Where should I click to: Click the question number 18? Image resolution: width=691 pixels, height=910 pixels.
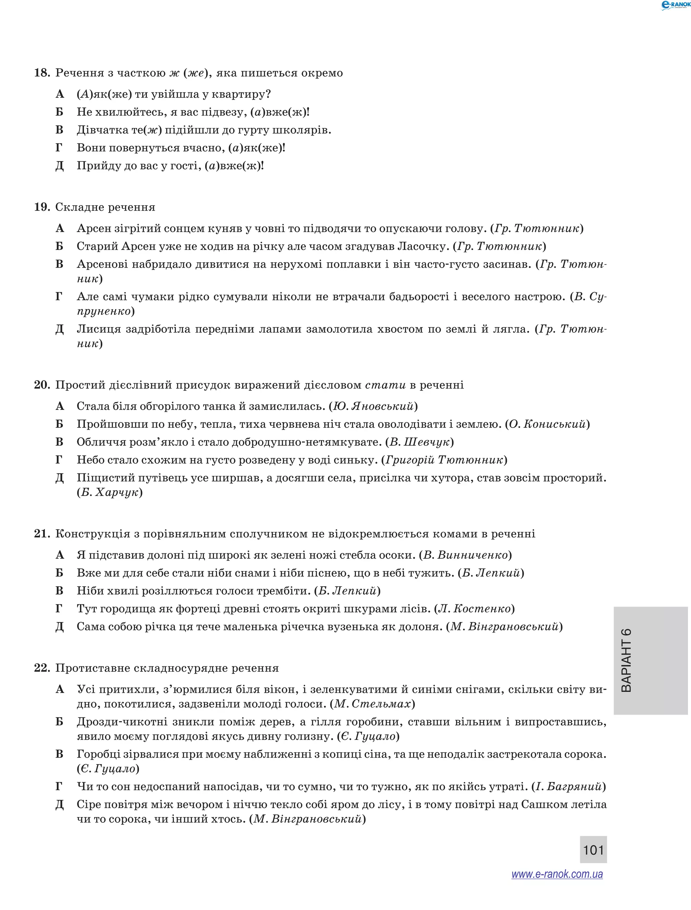tap(42, 73)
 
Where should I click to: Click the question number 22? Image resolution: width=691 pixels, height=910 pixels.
tap(42, 668)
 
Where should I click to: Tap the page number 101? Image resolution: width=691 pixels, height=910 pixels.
tap(593, 850)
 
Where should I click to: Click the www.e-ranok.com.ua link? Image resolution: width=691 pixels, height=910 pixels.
tap(557, 874)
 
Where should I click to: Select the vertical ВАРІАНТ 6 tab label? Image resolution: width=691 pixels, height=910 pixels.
tap(626, 661)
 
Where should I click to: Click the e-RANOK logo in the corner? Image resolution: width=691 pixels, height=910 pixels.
tap(674, 5)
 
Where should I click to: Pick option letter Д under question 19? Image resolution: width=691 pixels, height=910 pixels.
tap(60, 329)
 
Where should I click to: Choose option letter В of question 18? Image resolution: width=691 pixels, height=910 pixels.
tap(60, 130)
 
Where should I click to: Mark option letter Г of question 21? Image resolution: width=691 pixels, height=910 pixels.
tap(59, 608)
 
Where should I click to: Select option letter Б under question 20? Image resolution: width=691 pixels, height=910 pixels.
tap(60, 424)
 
